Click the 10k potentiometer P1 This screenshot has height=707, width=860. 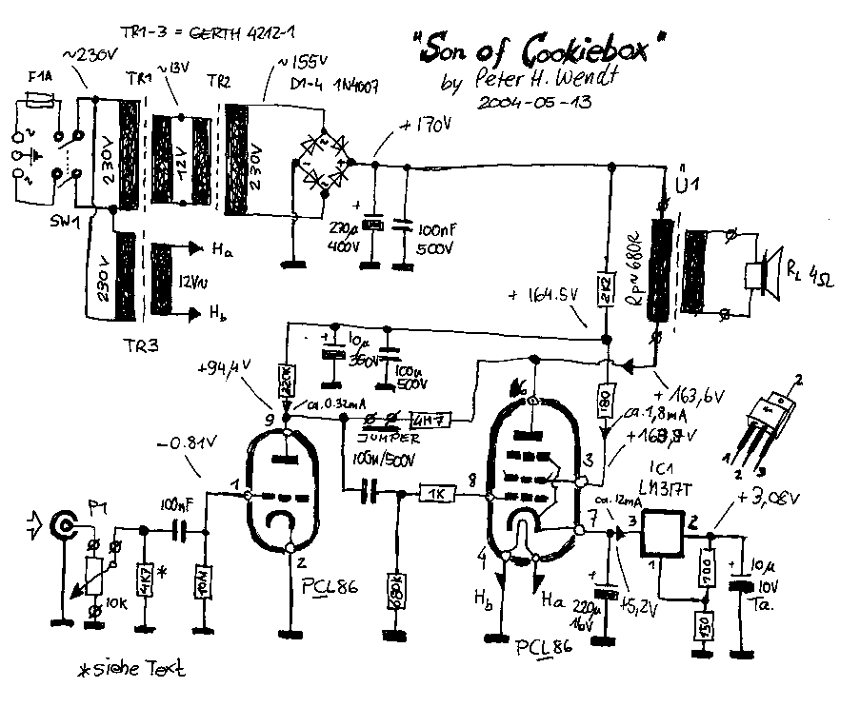(x=95, y=577)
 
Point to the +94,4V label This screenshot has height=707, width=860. (x=226, y=368)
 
